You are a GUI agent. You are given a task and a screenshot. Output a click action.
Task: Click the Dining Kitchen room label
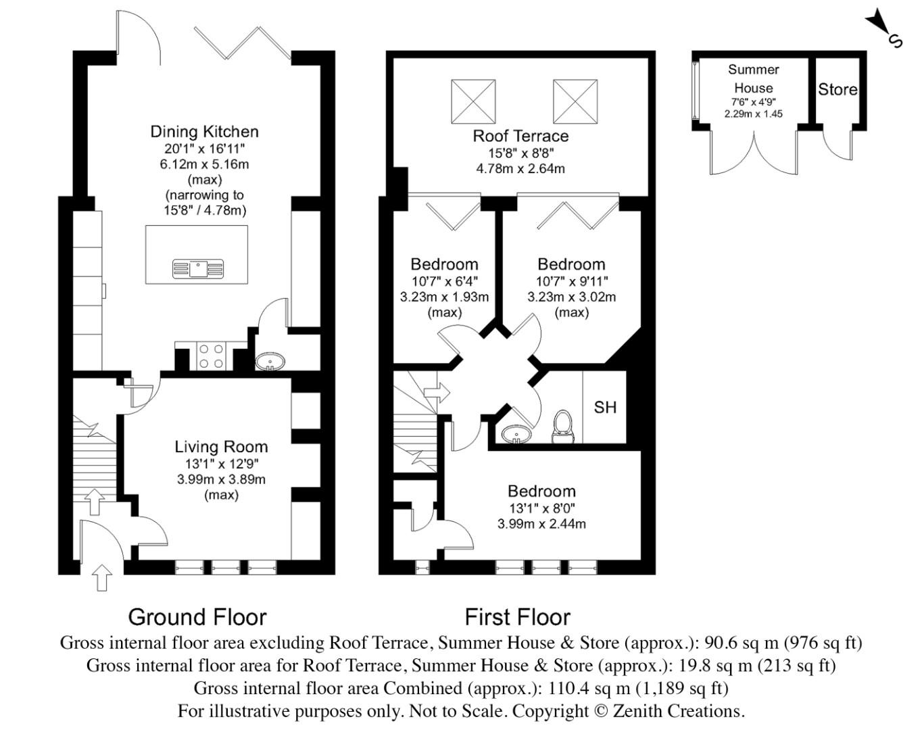tap(204, 131)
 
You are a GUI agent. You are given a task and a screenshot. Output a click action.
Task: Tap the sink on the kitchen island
tap(197, 268)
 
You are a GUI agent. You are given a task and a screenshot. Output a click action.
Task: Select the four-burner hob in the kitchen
tap(212, 356)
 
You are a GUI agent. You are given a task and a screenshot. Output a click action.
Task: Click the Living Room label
tap(221, 447)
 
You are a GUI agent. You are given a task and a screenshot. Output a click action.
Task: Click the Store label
tap(838, 89)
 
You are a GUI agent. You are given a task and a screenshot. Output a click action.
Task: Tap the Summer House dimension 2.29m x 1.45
tap(753, 114)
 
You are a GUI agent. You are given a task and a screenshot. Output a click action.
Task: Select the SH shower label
tap(605, 407)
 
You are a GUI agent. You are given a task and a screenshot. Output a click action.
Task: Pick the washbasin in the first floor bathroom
tap(517, 433)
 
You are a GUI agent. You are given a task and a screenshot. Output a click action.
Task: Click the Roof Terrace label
tap(520, 136)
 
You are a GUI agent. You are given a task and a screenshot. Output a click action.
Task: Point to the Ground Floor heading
tap(197, 616)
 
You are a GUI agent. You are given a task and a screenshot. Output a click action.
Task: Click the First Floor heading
tap(517, 616)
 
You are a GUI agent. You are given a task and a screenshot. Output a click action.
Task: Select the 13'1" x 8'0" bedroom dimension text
tap(541, 508)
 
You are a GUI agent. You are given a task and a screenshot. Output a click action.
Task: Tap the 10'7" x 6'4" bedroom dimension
tap(444, 281)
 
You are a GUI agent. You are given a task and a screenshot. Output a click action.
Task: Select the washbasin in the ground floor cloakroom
tap(271, 363)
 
